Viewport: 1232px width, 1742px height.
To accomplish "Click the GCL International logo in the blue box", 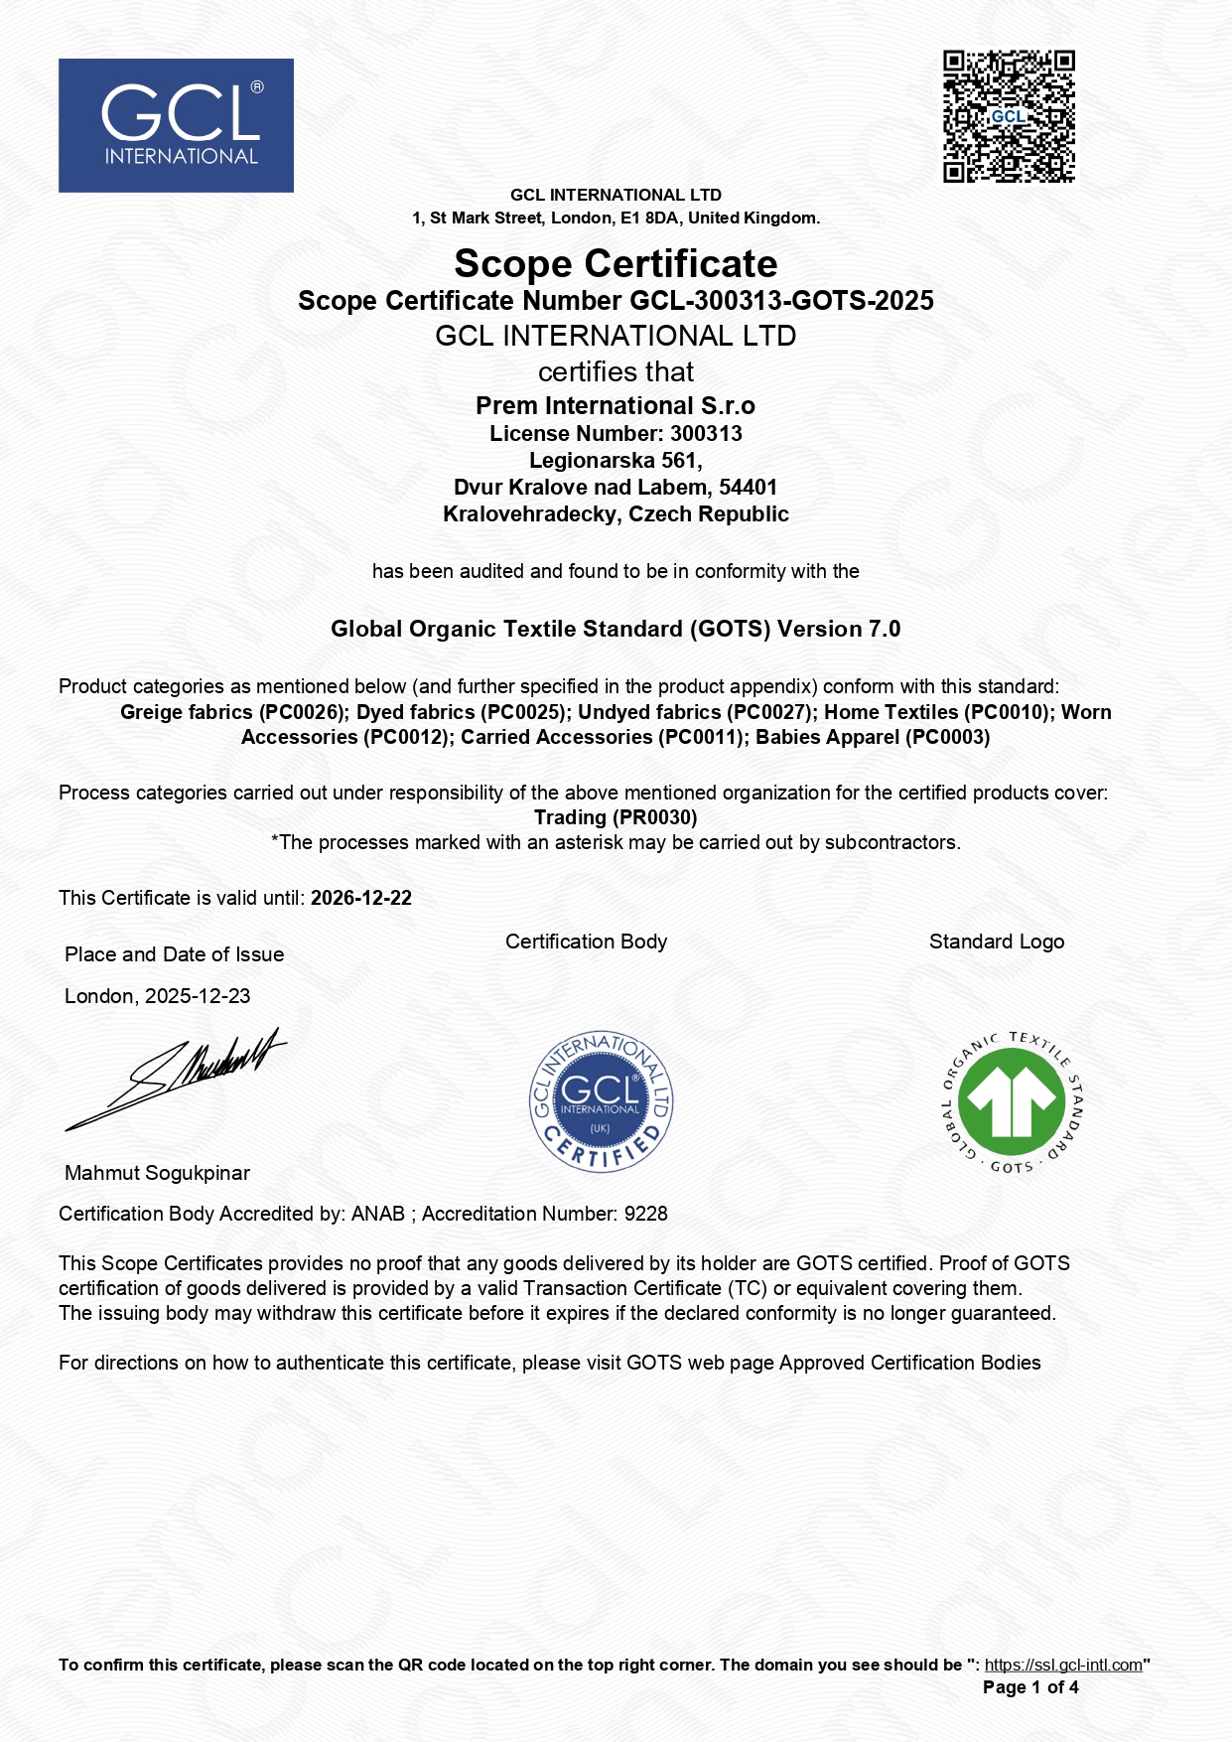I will pyautogui.click(x=176, y=125).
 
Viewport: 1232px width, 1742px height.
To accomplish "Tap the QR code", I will pyautogui.click(x=1009, y=116).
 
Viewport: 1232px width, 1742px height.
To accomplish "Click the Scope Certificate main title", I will pyautogui.click(x=616, y=264).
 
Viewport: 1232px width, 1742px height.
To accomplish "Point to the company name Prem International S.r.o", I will pyautogui.click(x=616, y=406).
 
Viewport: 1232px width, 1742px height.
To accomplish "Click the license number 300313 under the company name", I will pyautogui.click(x=706, y=434).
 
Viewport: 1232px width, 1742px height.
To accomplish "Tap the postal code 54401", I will pyautogui.click(x=748, y=488).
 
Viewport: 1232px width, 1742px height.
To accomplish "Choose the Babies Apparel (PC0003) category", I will pyautogui.click(x=873, y=738).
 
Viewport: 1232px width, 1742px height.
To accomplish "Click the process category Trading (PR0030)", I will pyautogui.click(x=616, y=817).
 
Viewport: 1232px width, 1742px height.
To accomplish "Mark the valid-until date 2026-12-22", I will pyautogui.click(x=361, y=898).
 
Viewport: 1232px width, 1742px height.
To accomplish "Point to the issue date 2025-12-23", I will pyautogui.click(x=198, y=996).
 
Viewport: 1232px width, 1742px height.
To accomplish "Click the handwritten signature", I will pyautogui.click(x=179, y=1078).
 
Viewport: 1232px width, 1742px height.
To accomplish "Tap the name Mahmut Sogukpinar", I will pyautogui.click(x=157, y=1173).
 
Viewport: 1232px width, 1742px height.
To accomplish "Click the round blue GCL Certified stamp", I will pyautogui.click(x=601, y=1101).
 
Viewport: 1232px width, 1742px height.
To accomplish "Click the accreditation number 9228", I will pyautogui.click(x=645, y=1214).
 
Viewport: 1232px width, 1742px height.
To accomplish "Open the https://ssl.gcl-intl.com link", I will pyautogui.click(x=1063, y=1666).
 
